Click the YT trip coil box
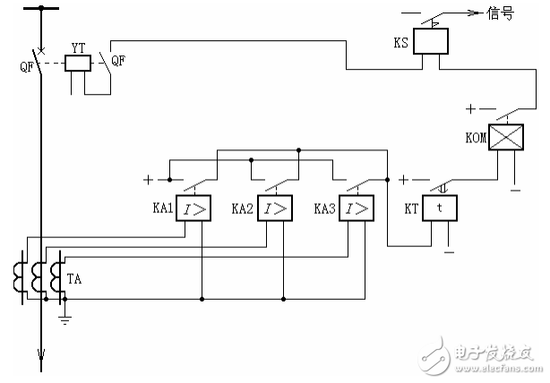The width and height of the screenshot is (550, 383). (78, 63)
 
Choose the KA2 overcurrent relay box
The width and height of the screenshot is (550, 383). (273, 209)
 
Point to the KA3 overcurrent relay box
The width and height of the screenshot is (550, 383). (357, 209)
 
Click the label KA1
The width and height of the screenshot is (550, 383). (162, 208)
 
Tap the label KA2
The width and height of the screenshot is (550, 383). (241, 208)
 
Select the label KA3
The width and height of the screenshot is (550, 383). (324, 208)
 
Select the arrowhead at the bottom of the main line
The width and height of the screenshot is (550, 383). (39, 363)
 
